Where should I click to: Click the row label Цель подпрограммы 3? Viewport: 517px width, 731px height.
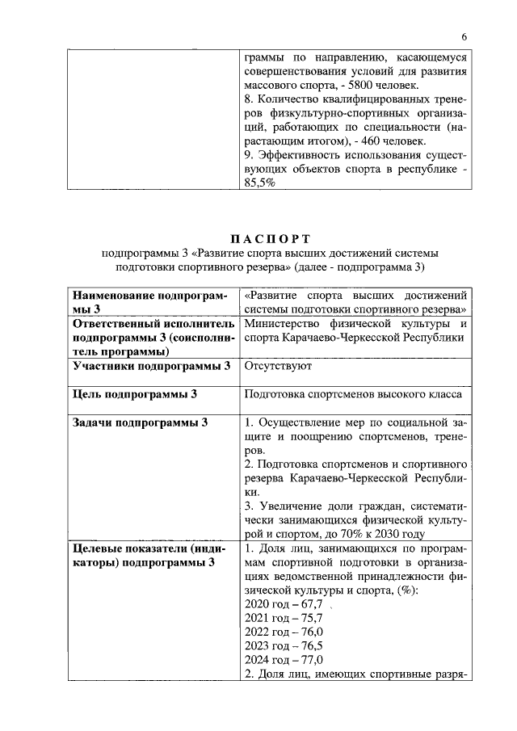pyautogui.click(x=135, y=394)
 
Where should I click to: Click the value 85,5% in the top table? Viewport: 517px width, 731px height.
pyautogui.click(x=259, y=183)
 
